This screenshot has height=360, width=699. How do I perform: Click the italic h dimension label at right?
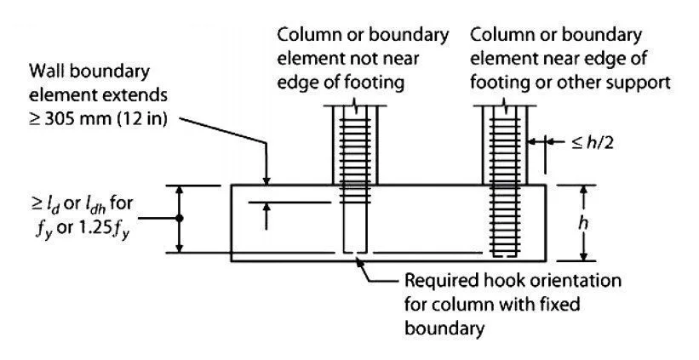click(x=583, y=223)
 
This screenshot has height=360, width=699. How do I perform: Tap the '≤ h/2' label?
click(x=592, y=143)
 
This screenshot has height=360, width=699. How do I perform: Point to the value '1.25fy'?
click(x=106, y=232)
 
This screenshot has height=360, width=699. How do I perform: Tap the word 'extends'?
click(x=139, y=95)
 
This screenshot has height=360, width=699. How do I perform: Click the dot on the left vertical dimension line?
click(x=179, y=219)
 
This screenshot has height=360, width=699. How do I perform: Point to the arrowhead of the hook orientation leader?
click(x=359, y=261)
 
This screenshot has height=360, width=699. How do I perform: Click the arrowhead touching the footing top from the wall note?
click(x=266, y=180)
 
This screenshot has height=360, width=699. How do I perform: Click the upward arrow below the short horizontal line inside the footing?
click(x=266, y=216)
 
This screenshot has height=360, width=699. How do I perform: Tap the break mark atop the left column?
click(x=354, y=106)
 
